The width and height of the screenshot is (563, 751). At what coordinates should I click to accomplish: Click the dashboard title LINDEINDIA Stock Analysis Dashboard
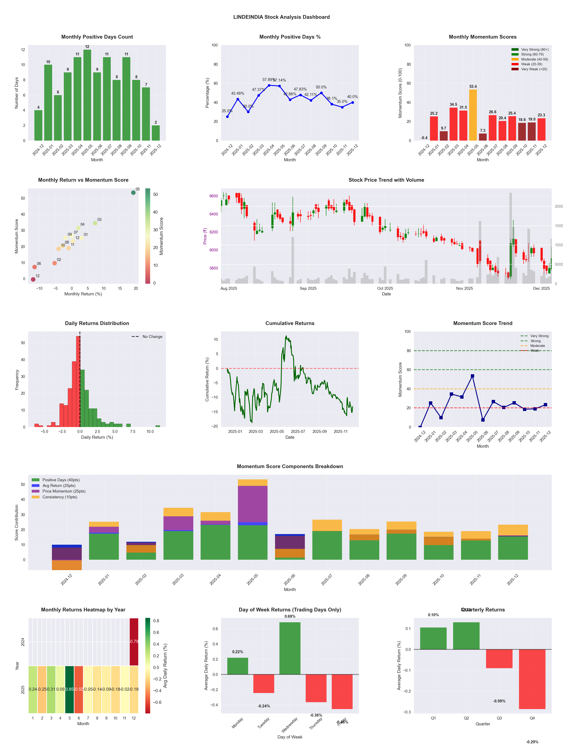tap(281, 17)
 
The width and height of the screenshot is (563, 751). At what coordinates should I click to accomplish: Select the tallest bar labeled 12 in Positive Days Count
tap(87, 95)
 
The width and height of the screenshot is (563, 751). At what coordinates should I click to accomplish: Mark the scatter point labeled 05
tap(133, 193)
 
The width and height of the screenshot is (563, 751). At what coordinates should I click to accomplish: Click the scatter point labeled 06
tap(35, 267)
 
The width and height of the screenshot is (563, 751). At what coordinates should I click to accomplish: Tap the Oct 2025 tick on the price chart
tap(385, 288)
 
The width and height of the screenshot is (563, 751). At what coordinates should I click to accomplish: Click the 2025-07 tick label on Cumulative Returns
tap(298, 432)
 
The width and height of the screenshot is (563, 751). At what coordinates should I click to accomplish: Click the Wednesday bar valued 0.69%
tap(290, 648)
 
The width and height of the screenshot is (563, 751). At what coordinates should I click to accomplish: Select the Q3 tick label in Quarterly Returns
tap(499, 718)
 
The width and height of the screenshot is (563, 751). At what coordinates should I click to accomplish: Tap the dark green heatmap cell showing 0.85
tap(70, 689)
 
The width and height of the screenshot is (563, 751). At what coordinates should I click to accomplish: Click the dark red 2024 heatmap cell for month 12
tap(134, 641)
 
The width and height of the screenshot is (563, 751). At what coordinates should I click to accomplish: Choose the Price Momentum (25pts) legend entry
tap(64, 491)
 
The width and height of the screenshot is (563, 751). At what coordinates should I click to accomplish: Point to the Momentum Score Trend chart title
tap(483, 323)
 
